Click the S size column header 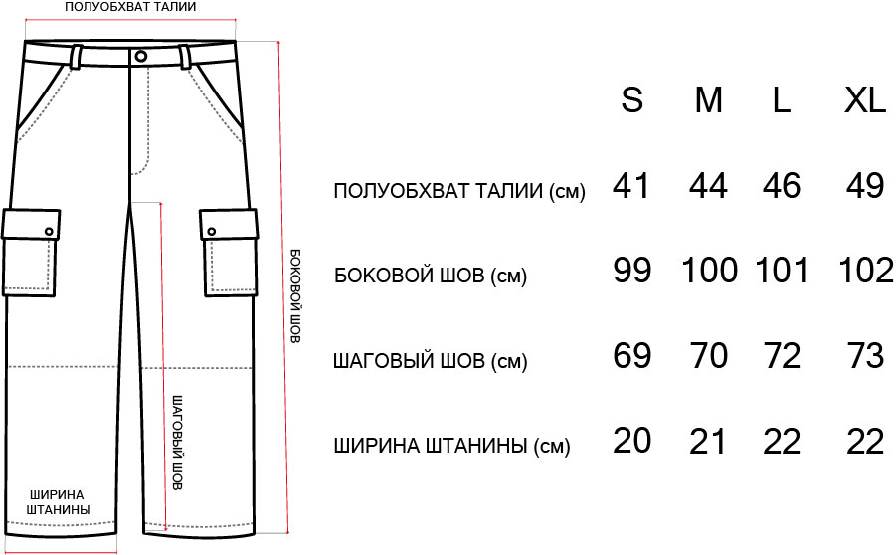[632, 100]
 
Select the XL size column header [864, 100]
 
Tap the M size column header [709, 100]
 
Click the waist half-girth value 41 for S [631, 185]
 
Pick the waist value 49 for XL [866, 185]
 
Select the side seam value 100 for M [709, 270]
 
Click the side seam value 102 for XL [866, 270]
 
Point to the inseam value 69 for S [632, 355]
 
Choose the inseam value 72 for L [782, 355]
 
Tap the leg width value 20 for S [632, 440]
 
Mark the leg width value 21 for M [708, 440]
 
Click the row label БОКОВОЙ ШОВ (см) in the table [431, 277]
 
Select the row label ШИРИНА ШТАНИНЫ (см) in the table [452, 446]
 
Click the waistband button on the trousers [140, 56]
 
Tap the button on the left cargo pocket [49, 232]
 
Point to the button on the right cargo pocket [212, 232]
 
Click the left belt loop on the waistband [76, 56]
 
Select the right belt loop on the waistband [186, 56]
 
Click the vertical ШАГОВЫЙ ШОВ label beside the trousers [178, 443]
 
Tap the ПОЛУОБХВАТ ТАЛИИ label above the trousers [130, 7]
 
